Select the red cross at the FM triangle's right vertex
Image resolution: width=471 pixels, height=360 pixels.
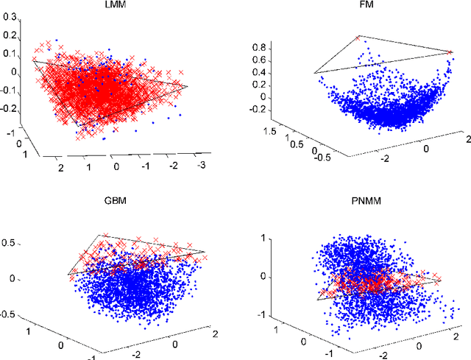[x=450, y=52]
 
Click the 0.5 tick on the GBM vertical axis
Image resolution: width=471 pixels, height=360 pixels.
[x=13, y=242]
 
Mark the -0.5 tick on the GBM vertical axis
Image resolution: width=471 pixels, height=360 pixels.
[x=11, y=313]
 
